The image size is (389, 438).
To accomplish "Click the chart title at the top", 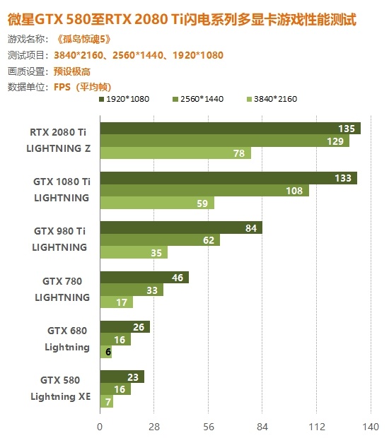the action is (x=182, y=20).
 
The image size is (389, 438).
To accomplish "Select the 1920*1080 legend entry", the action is (x=124, y=99).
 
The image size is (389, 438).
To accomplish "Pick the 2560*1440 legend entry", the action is (x=198, y=99).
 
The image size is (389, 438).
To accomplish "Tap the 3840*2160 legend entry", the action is (x=272, y=99).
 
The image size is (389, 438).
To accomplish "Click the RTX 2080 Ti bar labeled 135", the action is (x=231, y=128).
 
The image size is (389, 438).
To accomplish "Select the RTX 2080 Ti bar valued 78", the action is (x=175, y=153).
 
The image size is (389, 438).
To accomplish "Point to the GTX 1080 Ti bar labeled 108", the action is (x=204, y=190).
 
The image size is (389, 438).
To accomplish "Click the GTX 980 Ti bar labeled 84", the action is (x=181, y=227).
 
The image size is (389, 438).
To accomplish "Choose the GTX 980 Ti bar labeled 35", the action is (x=134, y=252).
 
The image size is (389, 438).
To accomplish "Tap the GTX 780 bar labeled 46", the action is (x=144, y=278).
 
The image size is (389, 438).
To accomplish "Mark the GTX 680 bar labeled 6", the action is (x=106, y=351).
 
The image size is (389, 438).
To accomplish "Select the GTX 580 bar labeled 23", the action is (x=122, y=377).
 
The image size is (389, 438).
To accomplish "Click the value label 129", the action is (x=335, y=141).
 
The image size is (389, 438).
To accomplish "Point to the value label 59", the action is (x=202, y=203).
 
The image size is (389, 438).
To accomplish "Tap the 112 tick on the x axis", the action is (x=317, y=427).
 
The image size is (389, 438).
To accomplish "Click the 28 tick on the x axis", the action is (x=153, y=427).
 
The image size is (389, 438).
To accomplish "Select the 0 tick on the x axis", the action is (x=100, y=427).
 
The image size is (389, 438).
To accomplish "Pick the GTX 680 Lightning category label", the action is (x=67, y=339).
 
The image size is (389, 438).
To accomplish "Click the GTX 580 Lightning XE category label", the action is (x=60, y=389).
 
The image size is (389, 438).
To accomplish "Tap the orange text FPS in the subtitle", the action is (x=62, y=87).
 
